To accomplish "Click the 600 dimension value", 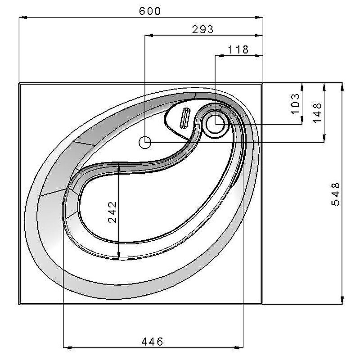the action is pos(150,11).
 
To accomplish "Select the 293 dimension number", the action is pos(203,29).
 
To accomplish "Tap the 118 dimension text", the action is pos(238,49).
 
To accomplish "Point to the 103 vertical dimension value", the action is pos(296,103).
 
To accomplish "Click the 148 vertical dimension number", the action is pos(318,113).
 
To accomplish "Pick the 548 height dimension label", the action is pos(336,194).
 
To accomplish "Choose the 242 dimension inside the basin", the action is pos(112,212).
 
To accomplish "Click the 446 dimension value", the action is pos(152,342).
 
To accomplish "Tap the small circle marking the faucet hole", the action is pos(145,142).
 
